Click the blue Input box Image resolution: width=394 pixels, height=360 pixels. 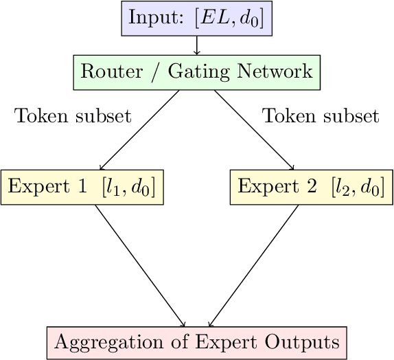click(x=197, y=19)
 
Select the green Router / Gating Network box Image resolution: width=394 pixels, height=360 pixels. click(x=197, y=71)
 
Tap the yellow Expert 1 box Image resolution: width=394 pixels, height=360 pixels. click(x=83, y=187)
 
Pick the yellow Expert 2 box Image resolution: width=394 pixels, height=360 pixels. click(x=311, y=187)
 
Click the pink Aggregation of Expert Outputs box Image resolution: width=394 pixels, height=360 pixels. click(x=197, y=342)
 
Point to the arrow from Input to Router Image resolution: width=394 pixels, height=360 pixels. click(x=197, y=45)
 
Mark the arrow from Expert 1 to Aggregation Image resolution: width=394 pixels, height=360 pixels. click(x=139, y=265)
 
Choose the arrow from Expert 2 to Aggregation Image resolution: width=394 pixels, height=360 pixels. click(x=254, y=265)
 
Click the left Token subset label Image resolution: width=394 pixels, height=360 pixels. click(x=73, y=116)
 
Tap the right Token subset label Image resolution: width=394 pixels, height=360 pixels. click(x=321, y=116)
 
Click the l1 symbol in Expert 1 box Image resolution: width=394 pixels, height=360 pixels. click(x=114, y=187)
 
